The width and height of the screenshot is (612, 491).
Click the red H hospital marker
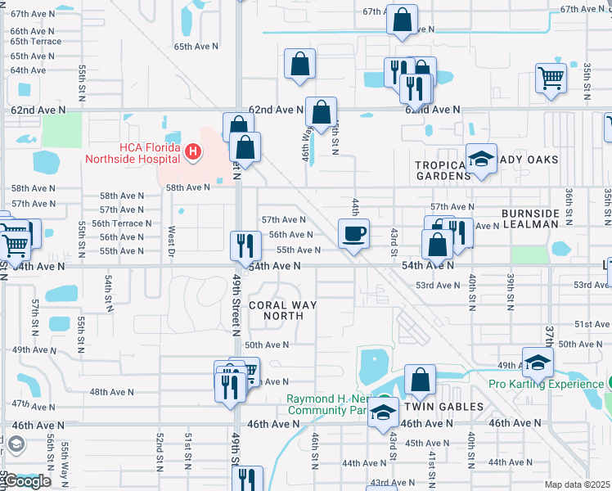coord(193,151)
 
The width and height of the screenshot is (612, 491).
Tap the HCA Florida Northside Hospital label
coord(135,152)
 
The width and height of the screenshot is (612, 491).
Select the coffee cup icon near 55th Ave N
coord(353,234)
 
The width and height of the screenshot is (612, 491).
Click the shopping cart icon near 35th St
coord(551,79)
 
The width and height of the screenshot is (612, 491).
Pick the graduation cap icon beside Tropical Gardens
coord(481,159)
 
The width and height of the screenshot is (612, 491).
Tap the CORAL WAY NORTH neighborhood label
coord(281,310)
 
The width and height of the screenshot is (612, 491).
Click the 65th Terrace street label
coord(35,41)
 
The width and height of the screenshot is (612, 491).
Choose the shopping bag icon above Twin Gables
coord(420,380)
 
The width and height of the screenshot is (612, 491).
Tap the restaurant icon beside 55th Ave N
coord(244,244)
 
